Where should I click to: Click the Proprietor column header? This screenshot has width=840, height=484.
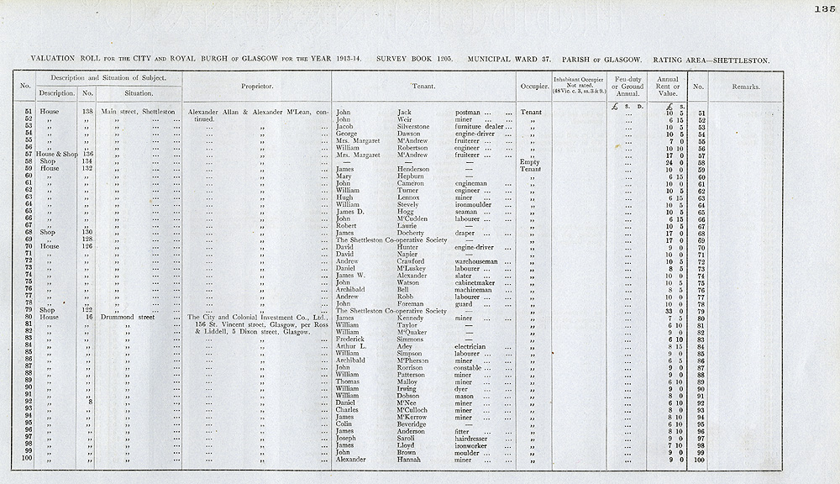click(x=256, y=87)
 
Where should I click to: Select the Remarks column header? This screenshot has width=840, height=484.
click(x=745, y=87)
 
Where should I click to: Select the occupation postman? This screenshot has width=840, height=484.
click(x=467, y=112)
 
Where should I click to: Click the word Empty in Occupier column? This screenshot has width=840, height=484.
click(x=529, y=161)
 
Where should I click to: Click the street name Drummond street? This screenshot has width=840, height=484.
click(x=129, y=318)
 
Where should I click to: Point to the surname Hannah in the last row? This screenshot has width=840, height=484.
click(x=411, y=460)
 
